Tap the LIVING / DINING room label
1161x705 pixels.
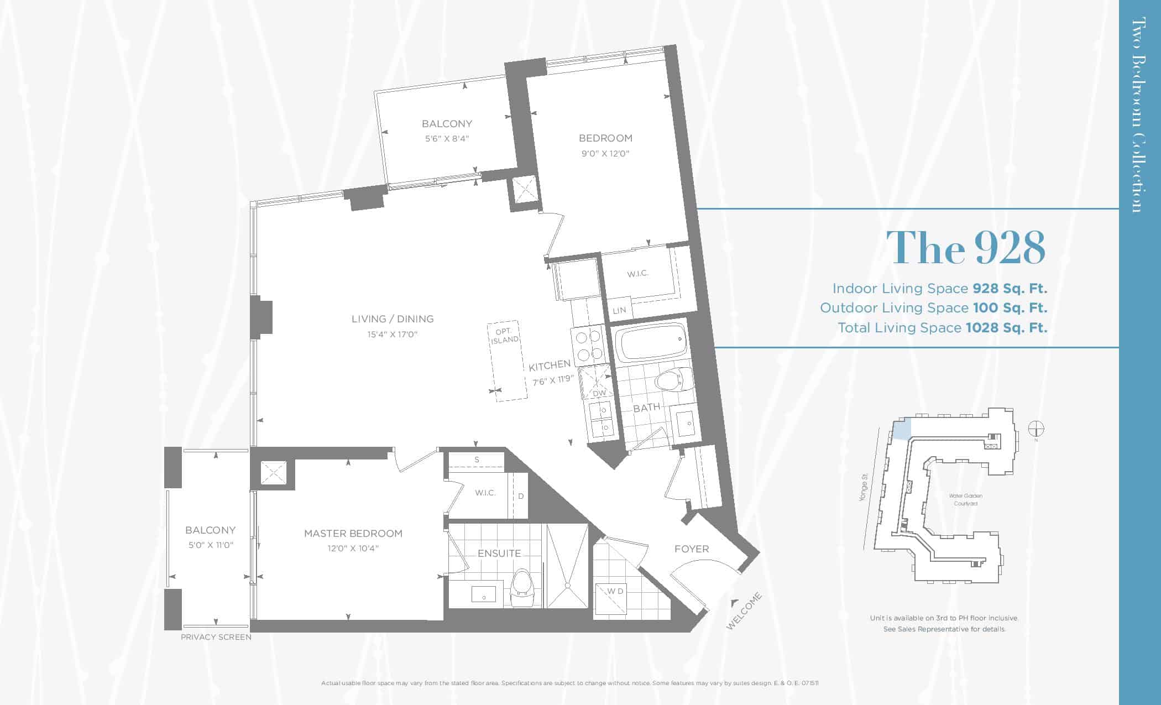(x=393, y=319)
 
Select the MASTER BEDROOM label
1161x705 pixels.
(x=353, y=534)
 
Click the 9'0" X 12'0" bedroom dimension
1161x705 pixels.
(x=605, y=154)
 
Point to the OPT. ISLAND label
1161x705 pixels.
(x=505, y=336)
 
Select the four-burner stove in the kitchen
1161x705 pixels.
(x=588, y=345)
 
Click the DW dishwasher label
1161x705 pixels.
(x=599, y=393)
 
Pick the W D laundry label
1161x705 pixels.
(x=615, y=591)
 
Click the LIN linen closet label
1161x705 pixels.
(x=619, y=310)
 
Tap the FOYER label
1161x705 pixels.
(x=692, y=549)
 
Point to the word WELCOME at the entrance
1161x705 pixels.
(x=744, y=611)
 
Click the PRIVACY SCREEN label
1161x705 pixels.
(x=216, y=637)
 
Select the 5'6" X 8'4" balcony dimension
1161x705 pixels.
(x=447, y=139)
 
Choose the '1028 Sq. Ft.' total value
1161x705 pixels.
(x=1006, y=328)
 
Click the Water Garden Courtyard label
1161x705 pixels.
(x=966, y=500)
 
